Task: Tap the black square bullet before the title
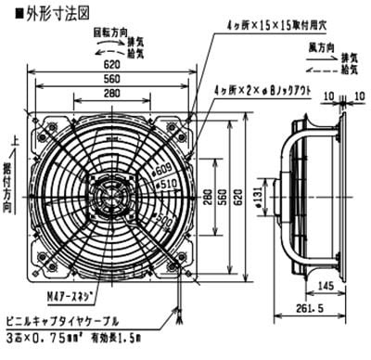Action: coord(7,13)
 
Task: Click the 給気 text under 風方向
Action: coord(351,70)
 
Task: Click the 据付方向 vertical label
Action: coord(11,180)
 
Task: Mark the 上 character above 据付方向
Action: coord(11,139)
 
